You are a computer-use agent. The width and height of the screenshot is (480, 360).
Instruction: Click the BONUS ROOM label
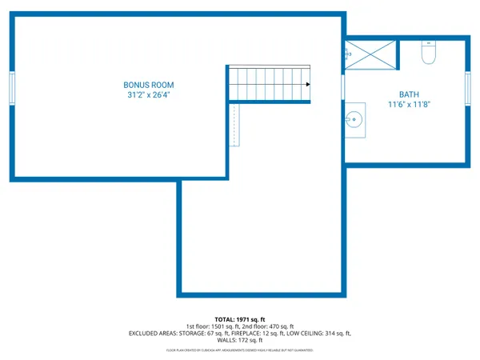(x=148, y=85)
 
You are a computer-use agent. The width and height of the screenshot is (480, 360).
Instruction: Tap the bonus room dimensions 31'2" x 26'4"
(x=148, y=94)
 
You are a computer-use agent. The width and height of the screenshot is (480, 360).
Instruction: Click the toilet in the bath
(x=428, y=53)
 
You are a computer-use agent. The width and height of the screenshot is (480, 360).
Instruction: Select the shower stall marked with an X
(x=370, y=54)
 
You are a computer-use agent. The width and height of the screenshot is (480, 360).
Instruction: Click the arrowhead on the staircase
(x=307, y=83)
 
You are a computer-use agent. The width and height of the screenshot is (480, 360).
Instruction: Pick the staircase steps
(x=268, y=83)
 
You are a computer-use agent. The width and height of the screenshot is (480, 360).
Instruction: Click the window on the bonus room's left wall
(x=12, y=87)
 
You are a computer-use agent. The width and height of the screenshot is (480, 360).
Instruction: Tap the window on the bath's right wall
(x=467, y=87)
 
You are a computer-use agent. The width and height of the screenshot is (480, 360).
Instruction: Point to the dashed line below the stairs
(x=234, y=125)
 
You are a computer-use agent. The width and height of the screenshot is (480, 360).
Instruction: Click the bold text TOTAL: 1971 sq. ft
(x=239, y=319)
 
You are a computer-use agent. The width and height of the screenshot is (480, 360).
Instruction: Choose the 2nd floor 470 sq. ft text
(x=264, y=326)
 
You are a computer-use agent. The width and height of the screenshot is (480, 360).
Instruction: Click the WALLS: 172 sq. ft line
(x=239, y=341)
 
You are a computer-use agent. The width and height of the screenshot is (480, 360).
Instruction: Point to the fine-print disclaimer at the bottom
(x=239, y=350)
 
